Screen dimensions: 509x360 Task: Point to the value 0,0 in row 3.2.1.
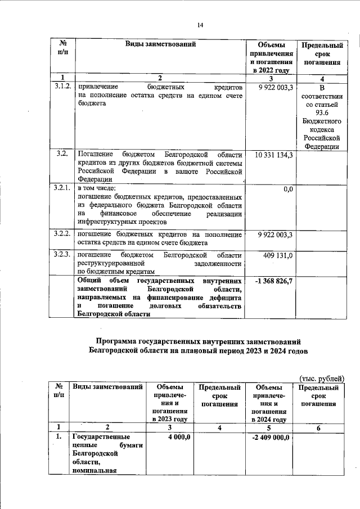(x=287, y=189)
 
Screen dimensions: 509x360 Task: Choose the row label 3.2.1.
(x=64, y=187)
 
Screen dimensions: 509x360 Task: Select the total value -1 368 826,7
(x=274, y=280)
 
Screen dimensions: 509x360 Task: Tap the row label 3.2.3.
(x=64, y=255)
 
